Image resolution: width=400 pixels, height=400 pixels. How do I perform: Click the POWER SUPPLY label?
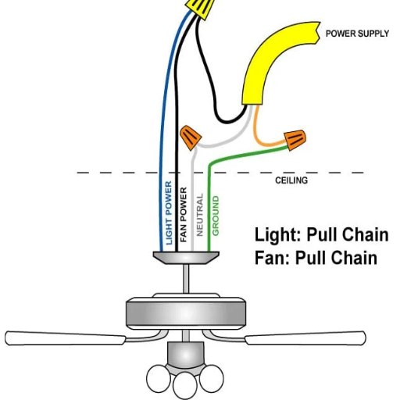357,34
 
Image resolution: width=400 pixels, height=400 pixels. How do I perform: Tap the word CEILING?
291,180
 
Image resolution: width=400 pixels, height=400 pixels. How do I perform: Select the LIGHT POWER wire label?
169,212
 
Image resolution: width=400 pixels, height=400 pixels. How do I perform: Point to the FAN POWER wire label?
184,215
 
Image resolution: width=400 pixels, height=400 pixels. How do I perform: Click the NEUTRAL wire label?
199,215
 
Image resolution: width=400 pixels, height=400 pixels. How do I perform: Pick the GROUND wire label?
216,216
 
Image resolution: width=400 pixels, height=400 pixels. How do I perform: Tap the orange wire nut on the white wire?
191,137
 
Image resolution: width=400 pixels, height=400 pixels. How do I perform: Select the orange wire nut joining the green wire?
295,140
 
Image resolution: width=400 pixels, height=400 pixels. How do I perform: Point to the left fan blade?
65,338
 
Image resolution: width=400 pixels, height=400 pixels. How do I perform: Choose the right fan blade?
305,338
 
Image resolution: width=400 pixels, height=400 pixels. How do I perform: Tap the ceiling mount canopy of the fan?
186,258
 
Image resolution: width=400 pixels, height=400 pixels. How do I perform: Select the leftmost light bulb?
159,378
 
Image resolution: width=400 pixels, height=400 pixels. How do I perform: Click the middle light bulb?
184,386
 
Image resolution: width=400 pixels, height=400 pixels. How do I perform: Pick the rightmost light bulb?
211,378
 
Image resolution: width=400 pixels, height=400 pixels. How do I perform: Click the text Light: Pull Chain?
321,234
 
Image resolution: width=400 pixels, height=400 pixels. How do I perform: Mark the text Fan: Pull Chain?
316,258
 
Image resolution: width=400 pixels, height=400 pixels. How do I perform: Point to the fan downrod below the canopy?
186,279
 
